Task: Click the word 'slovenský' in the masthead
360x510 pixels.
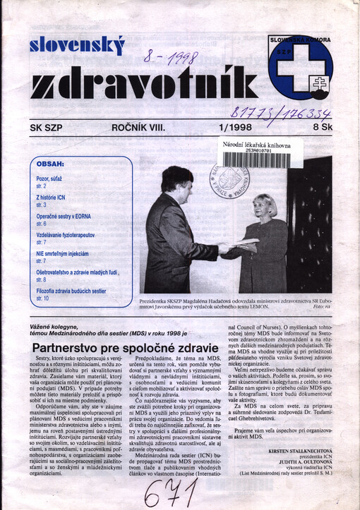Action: click(77, 46)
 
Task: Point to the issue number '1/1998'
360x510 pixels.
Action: click(236, 128)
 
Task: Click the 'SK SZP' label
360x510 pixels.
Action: click(47, 128)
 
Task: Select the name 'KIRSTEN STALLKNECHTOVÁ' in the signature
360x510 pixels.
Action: click(301, 468)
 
